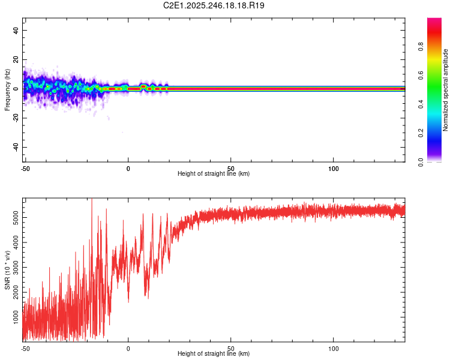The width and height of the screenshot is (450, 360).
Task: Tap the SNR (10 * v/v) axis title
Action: click(x=7, y=269)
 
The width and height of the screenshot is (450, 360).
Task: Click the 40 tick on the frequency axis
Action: click(x=16, y=30)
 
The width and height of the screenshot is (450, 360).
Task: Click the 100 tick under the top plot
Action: click(x=334, y=169)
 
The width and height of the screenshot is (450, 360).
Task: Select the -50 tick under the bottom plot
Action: click(x=25, y=348)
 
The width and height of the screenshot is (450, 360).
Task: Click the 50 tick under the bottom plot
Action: click(x=231, y=348)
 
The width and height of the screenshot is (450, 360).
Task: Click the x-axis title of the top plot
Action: click(x=214, y=174)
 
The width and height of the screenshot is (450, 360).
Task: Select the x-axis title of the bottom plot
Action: click(x=214, y=354)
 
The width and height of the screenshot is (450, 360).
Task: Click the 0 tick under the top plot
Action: click(x=128, y=169)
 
